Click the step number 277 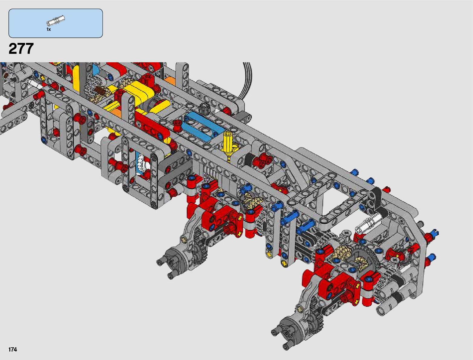(x=21, y=48)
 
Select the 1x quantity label (x=48, y=29)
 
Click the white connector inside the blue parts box (x=56, y=20)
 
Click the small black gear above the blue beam (x=203, y=108)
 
